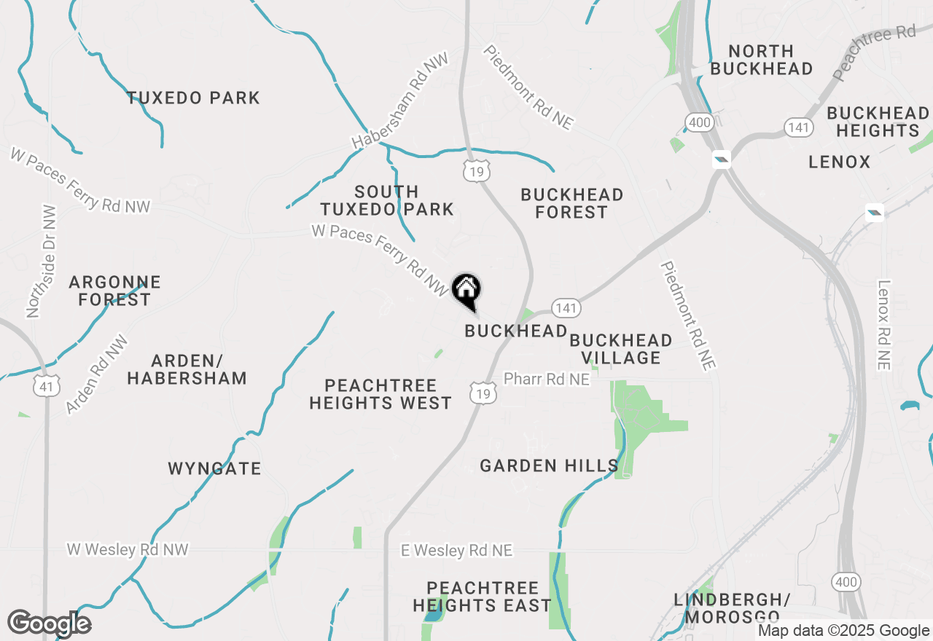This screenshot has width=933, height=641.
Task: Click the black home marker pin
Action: (x=466, y=291)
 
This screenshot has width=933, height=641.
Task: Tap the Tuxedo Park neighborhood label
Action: (x=193, y=98)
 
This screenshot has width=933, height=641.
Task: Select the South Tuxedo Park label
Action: (x=386, y=201)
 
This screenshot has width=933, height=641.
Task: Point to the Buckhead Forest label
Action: (x=571, y=204)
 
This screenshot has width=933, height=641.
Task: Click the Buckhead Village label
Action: (x=621, y=349)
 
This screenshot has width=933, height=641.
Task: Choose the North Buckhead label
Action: (x=761, y=60)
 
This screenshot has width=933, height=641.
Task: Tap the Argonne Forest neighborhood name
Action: (x=114, y=291)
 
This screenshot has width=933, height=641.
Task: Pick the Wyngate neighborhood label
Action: (x=214, y=468)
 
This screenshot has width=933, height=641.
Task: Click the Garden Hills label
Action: (x=549, y=465)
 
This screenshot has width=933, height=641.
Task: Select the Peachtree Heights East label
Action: (x=482, y=597)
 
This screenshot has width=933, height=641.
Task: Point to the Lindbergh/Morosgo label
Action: (x=732, y=608)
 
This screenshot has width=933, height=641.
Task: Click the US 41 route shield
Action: (x=47, y=385)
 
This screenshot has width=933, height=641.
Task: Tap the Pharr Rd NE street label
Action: (x=547, y=380)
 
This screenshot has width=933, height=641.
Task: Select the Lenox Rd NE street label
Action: (x=884, y=325)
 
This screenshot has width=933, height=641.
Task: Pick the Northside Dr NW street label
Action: (x=42, y=261)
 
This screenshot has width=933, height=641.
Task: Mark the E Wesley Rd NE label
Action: (x=456, y=551)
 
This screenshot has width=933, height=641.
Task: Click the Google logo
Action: (x=49, y=624)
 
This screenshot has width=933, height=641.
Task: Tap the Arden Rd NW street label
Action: (x=96, y=374)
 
